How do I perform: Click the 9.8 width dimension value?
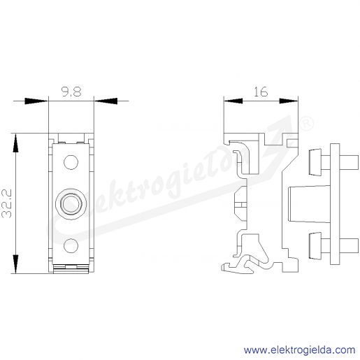[71, 92]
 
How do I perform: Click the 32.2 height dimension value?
[6, 203]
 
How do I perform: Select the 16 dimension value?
[261, 92]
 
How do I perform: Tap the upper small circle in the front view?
[71, 162]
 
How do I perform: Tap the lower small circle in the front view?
[71, 245]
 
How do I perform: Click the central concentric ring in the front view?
[71, 204]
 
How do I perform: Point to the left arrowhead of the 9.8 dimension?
[36, 101]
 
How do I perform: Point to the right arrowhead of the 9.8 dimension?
[106, 101]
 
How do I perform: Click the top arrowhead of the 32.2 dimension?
[15, 143]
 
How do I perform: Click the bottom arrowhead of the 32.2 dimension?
[15, 264]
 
